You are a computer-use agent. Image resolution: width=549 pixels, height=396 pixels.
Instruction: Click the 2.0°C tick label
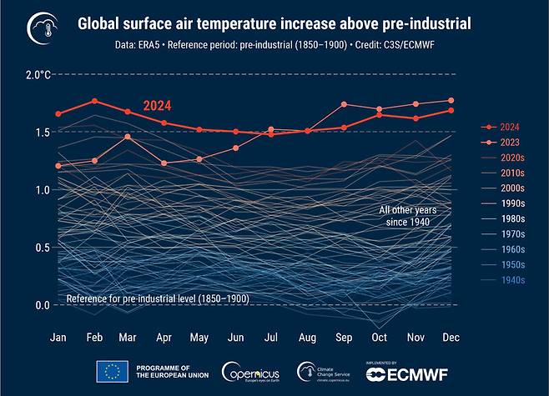[38, 75]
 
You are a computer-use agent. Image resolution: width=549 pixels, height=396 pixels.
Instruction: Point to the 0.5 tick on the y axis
[43, 248]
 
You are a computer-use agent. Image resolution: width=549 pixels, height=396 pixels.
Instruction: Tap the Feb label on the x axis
[95, 338]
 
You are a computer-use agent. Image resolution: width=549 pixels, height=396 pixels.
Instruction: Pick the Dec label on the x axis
[451, 338]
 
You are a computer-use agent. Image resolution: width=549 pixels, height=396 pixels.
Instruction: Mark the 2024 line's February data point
[95, 101]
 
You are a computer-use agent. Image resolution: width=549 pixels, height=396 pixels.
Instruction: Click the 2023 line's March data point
[127, 136]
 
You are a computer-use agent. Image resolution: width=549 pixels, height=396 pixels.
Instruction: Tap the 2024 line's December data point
[451, 110]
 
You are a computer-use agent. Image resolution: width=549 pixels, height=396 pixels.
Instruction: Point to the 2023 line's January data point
[58, 166]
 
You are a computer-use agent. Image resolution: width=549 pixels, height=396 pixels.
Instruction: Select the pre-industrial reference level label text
[158, 298]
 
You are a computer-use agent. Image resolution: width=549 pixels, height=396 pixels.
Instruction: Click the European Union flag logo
[112, 371]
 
